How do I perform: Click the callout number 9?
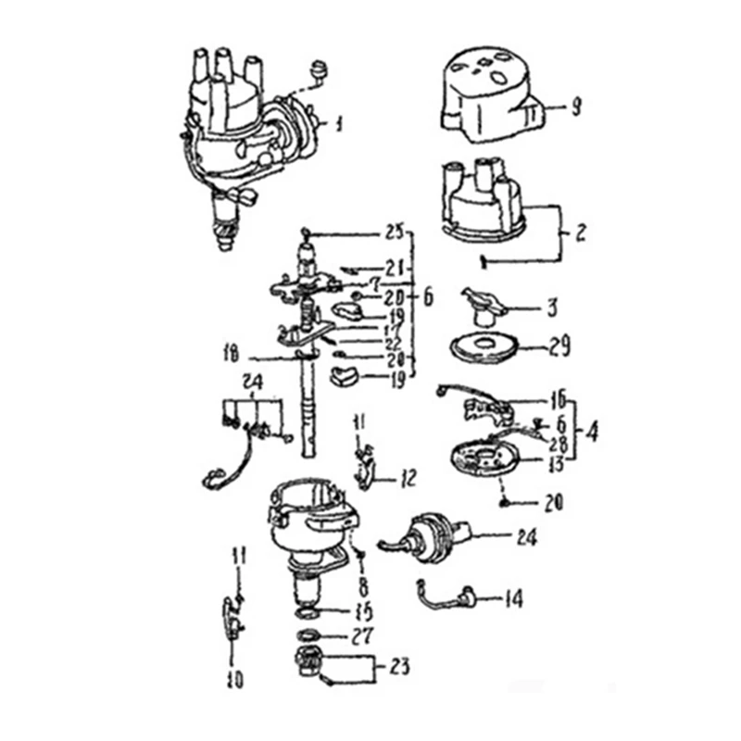(x=575, y=108)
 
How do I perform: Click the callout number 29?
(x=559, y=348)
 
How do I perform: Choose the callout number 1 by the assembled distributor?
(x=339, y=122)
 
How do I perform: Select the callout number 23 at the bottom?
(x=400, y=666)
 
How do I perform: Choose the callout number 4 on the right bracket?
(x=593, y=431)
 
